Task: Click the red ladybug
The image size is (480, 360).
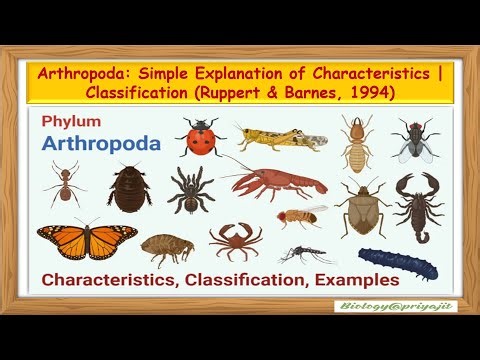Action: click(x=201, y=137)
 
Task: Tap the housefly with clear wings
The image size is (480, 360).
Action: click(x=413, y=139)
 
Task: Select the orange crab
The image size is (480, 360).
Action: click(x=236, y=239)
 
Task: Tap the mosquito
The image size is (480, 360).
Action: click(x=307, y=254)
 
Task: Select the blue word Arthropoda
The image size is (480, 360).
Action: click(x=100, y=143)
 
